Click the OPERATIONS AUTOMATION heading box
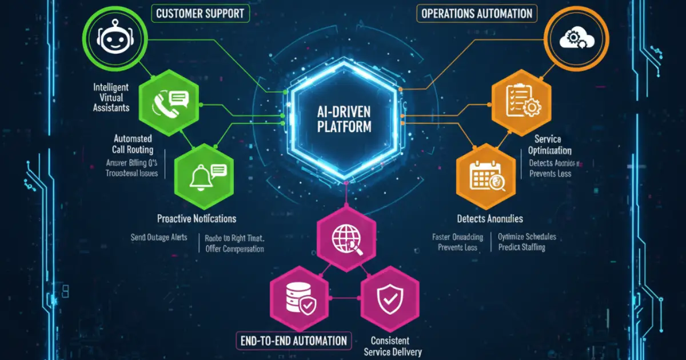476,14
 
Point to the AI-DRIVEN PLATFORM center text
344,118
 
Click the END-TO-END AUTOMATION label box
293,341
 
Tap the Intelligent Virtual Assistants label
112,97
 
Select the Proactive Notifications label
196,219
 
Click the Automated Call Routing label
133,144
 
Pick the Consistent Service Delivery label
390,346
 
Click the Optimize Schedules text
527,237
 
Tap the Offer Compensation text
234,249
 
